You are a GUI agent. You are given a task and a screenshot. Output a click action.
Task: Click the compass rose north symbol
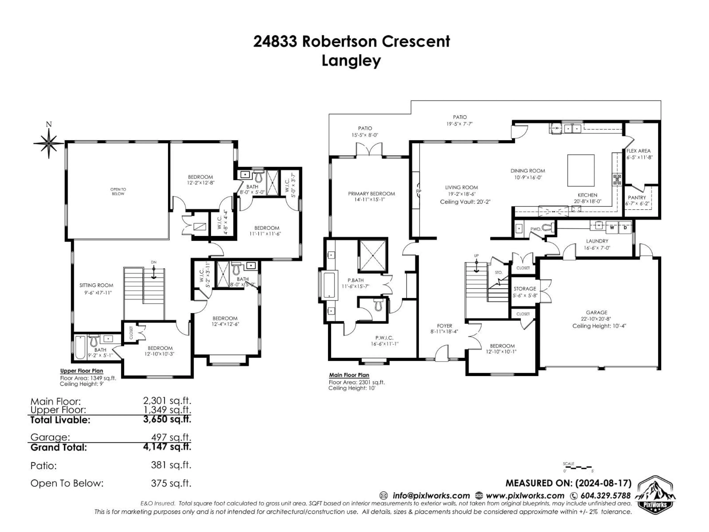pos(49,143)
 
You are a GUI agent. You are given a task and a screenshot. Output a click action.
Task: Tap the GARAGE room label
pos(597,312)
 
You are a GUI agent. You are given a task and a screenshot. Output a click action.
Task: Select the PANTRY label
pos(637,197)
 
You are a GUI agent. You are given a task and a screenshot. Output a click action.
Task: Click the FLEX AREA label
pos(638,151)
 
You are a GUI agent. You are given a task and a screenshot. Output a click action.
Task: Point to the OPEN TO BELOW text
pos(118,191)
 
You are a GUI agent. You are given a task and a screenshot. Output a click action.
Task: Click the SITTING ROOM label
pos(96,285)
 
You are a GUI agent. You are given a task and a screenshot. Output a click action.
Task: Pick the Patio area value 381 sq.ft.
pos(171,465)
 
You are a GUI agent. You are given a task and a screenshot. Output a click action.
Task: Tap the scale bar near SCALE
pos(578,468)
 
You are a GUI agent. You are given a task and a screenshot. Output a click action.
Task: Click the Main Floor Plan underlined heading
pos(349,375)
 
